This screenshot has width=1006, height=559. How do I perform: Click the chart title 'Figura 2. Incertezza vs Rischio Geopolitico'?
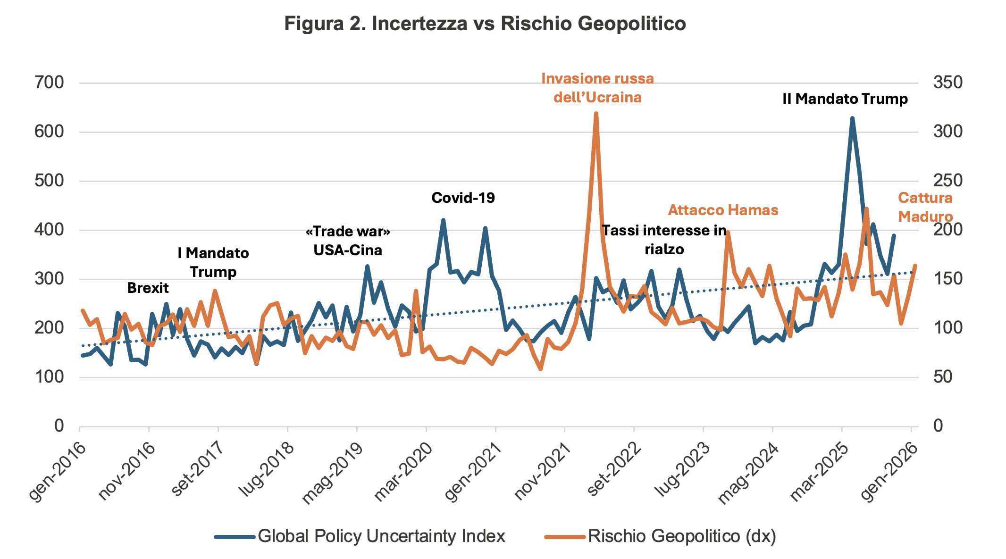(x=485, y=24)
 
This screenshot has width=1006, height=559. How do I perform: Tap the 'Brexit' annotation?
(x=148, y=288)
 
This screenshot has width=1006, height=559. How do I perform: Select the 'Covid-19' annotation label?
(x=463, y=198)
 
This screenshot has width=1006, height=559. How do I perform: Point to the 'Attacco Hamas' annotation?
(x=723, y=210)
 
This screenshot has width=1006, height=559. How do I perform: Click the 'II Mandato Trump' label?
(x=845, y=99)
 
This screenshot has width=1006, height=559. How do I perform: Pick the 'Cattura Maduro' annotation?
(x=925, y=207)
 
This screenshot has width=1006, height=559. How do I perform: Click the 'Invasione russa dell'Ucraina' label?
(x=597, y=88)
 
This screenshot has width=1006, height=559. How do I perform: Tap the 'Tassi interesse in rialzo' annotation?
(x=664, y=240)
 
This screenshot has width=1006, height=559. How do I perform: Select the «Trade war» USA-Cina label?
(x=348, y=241)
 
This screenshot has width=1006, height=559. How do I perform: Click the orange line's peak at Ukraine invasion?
(x=596, y=114)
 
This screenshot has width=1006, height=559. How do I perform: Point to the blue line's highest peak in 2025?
(x=852, y=118)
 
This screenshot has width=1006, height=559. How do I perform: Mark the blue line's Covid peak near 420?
(x=443, y=220)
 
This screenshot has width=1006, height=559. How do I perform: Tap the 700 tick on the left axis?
(x=49, y=83)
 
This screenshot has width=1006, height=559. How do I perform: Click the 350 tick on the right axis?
(x=947, y=83)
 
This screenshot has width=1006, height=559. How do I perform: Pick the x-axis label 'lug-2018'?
(x=266, y=472)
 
